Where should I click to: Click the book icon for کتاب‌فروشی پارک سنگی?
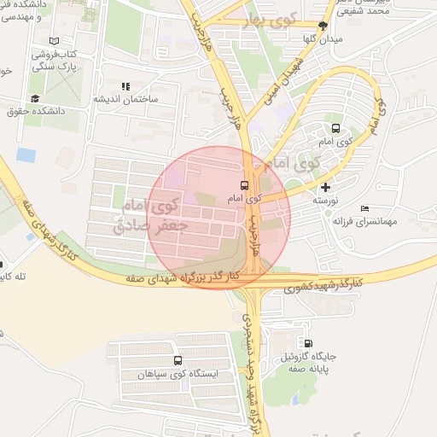(55, 41)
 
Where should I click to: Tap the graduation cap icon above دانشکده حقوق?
(35, 98)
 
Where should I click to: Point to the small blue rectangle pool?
(26, 155)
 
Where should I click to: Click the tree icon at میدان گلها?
(323, 26)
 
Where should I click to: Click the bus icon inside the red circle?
(245, 184)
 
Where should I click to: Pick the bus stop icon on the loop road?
(335, 129)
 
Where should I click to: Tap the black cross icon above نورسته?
(324, 187)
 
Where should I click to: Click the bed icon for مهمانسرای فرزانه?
(365, 208)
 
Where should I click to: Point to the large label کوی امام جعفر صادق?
(148, 214)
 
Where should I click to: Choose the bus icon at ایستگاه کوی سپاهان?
(178, 361)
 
